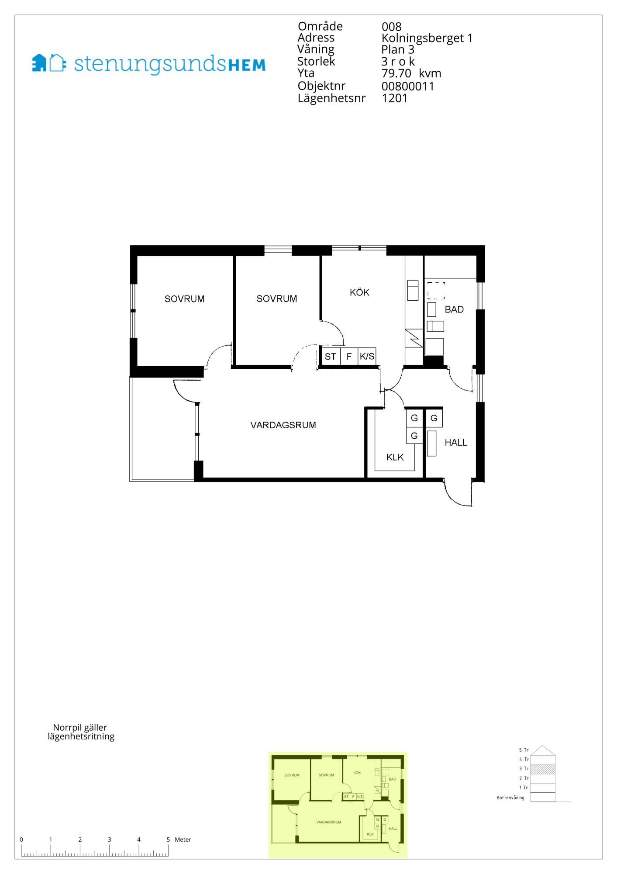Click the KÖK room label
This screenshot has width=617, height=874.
pos(359,292)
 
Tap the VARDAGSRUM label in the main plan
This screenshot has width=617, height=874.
pos(283,425)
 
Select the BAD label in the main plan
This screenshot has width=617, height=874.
pos(454,309)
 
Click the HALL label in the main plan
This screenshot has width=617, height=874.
pos(456,442)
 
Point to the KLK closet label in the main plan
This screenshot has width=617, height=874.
pos(395,457)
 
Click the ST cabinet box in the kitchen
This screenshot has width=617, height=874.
pos(331,357)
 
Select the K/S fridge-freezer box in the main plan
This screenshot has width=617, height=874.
pos(367,357)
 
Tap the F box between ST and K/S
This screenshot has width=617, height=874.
pos(349,357)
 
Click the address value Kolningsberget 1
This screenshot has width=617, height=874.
pos(427,38)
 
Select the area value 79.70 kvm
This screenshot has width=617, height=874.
pos(411,73)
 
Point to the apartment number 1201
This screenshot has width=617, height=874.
pos(395,98)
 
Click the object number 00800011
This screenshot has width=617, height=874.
pos(408,86)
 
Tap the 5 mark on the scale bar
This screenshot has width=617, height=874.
pos(168,839)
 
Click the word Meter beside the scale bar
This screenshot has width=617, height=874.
pos(183,839)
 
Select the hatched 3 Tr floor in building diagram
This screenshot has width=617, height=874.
pos(542,769)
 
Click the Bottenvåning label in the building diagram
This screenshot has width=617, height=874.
pos(510,798)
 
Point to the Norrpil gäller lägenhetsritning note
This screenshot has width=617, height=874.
pos(81,732)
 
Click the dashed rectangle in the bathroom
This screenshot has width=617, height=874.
pos(436,291)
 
